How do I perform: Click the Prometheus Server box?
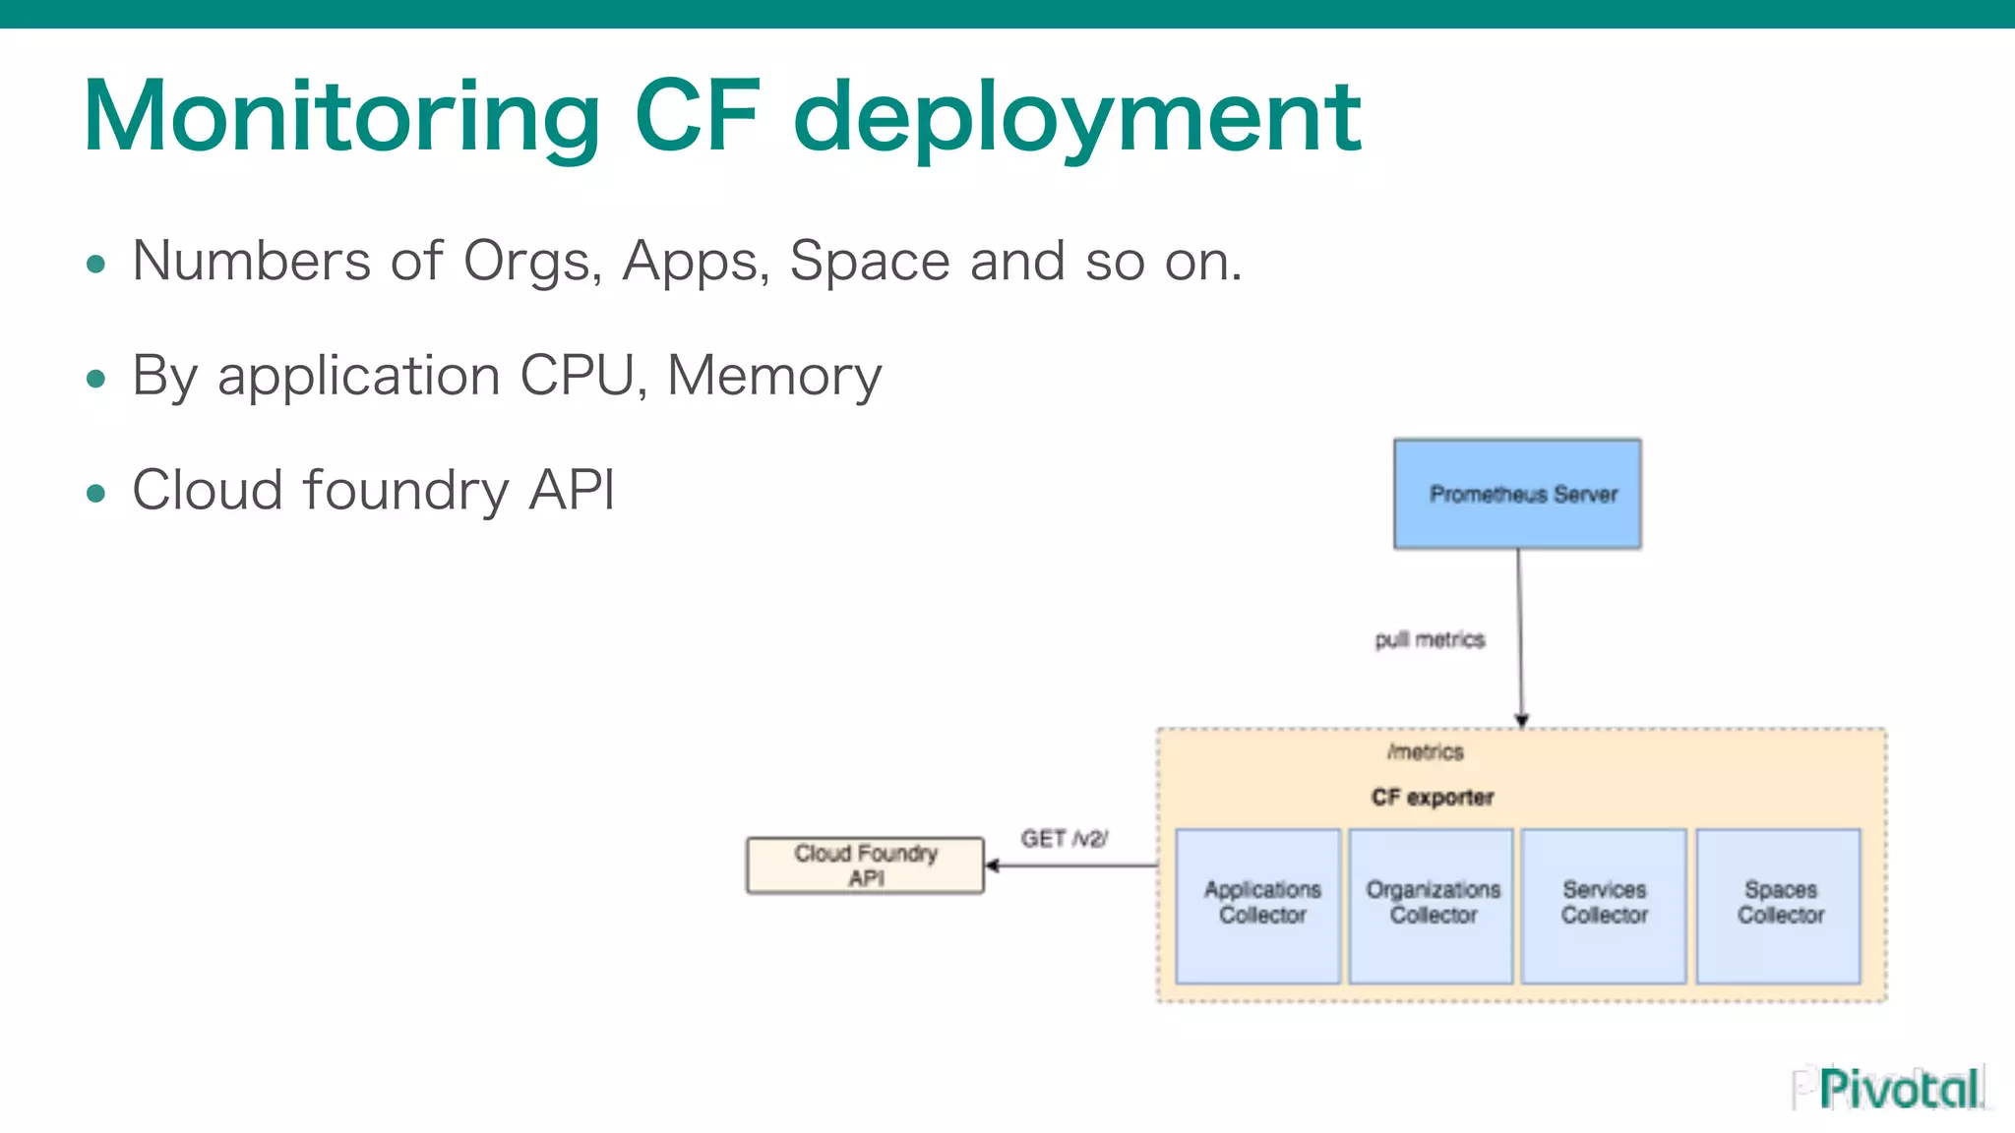(x=1517, y=494)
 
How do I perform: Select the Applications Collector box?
(x=1258, y=905)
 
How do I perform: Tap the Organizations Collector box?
(x=1432, y=905)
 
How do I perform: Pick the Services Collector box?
(x=1604, y=905)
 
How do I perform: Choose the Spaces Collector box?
(x=1779, y=905)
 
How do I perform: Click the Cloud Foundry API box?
(x=865, y=865)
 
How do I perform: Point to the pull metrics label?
(x=1430, y=640)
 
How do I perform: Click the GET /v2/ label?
(x=1064, y=839)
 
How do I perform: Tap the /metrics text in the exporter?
(x=1426, y=752)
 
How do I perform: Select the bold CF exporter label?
(x=1433, y=798)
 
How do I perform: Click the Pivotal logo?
(x=1898, y=1089)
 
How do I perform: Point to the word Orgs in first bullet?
(x=532, y=263)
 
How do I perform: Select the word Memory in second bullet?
(x=774, y=377)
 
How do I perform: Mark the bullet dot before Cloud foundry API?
(x=95, y=493)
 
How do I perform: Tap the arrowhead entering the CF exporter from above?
(x=1521, y=720)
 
